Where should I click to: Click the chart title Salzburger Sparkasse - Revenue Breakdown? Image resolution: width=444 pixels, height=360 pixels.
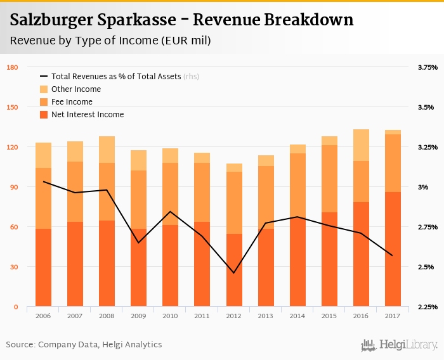(x=182, y=20)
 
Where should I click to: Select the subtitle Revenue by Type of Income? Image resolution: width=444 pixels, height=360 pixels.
(x=110, y=41)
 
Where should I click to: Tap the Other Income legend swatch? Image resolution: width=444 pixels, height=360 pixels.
(x=44, y=89)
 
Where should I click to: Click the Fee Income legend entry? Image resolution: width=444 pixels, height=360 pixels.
(x=72, y=102)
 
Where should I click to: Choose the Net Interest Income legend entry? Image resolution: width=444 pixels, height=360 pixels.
(x=88, y=115)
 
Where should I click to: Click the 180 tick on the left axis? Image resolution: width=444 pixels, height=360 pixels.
(x=12, y=67)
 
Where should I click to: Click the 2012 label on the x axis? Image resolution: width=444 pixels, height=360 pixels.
(x=234, y=316)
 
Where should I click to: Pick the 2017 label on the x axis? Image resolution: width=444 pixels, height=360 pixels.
(x=393, y=316)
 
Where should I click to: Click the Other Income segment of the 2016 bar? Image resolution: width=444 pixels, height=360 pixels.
(x=362, y=145)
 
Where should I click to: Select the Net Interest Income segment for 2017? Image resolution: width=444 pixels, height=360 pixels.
(x=393, y=249)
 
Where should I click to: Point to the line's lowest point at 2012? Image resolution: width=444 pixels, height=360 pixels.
(x=234, y=273)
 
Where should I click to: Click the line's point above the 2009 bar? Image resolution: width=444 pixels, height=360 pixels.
(x=139, y=243)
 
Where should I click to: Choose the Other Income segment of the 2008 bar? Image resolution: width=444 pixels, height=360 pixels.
(x=107, y=150)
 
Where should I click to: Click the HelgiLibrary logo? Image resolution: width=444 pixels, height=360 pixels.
(x=399, y=345)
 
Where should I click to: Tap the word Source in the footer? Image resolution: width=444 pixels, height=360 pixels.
(x=20, y=345)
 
